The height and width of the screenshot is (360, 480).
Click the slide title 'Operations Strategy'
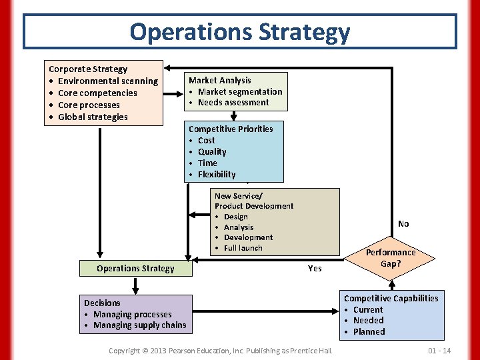click(x=239, y=31)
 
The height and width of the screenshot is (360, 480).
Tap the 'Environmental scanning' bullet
click(x=108, y=81)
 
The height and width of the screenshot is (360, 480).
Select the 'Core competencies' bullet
click(x=97, y=93)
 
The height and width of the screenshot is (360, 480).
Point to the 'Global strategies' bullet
click(x=93, y=117)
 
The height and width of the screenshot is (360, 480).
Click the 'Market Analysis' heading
click(x=220, y=80)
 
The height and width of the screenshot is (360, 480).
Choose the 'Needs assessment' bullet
click(x=233, y=103)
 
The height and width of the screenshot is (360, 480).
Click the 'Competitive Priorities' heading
click(x=231, y=129)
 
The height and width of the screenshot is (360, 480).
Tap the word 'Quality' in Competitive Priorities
click(x=212, y=152)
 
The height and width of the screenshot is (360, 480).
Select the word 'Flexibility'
click(x=217, y=175)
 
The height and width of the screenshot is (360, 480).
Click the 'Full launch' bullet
click(x=243, y=248)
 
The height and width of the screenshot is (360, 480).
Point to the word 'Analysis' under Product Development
click(x=239, y=227)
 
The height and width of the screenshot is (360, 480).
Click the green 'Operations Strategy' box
click(x=135, y=269)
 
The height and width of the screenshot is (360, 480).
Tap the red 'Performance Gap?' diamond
click(x=391, y=257)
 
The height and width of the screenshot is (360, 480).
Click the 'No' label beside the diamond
click(x=403, y=224)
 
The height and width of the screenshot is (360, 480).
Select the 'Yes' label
click(x=315, y=269)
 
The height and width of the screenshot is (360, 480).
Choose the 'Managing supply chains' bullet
click(x=140, y=325)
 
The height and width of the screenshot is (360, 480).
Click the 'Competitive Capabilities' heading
click(x=391, y=299)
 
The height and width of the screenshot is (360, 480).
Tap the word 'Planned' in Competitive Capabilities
click(x=369, y=332)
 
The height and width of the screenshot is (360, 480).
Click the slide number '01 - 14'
click(x=439, y=351)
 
